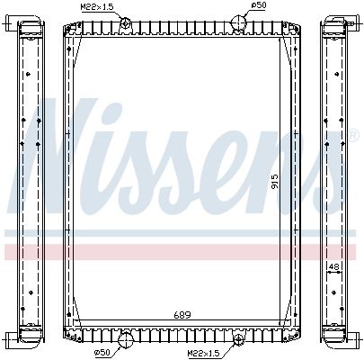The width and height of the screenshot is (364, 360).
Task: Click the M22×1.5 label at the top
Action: [97, 7]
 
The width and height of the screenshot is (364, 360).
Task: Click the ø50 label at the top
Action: [259, 5]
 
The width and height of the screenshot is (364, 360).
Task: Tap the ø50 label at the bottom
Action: [102, 352]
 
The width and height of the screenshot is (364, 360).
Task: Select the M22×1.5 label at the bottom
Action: [204, 354]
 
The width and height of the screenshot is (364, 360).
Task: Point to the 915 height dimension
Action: [275, 181]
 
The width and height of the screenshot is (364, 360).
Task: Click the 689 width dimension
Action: [182, 315]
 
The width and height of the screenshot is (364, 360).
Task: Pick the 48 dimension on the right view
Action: [333, 266]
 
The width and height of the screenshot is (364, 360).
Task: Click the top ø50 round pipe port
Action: [238, 22]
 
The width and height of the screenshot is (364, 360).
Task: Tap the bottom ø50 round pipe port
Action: [126, 339]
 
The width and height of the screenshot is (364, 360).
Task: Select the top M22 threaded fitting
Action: [125, 22]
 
